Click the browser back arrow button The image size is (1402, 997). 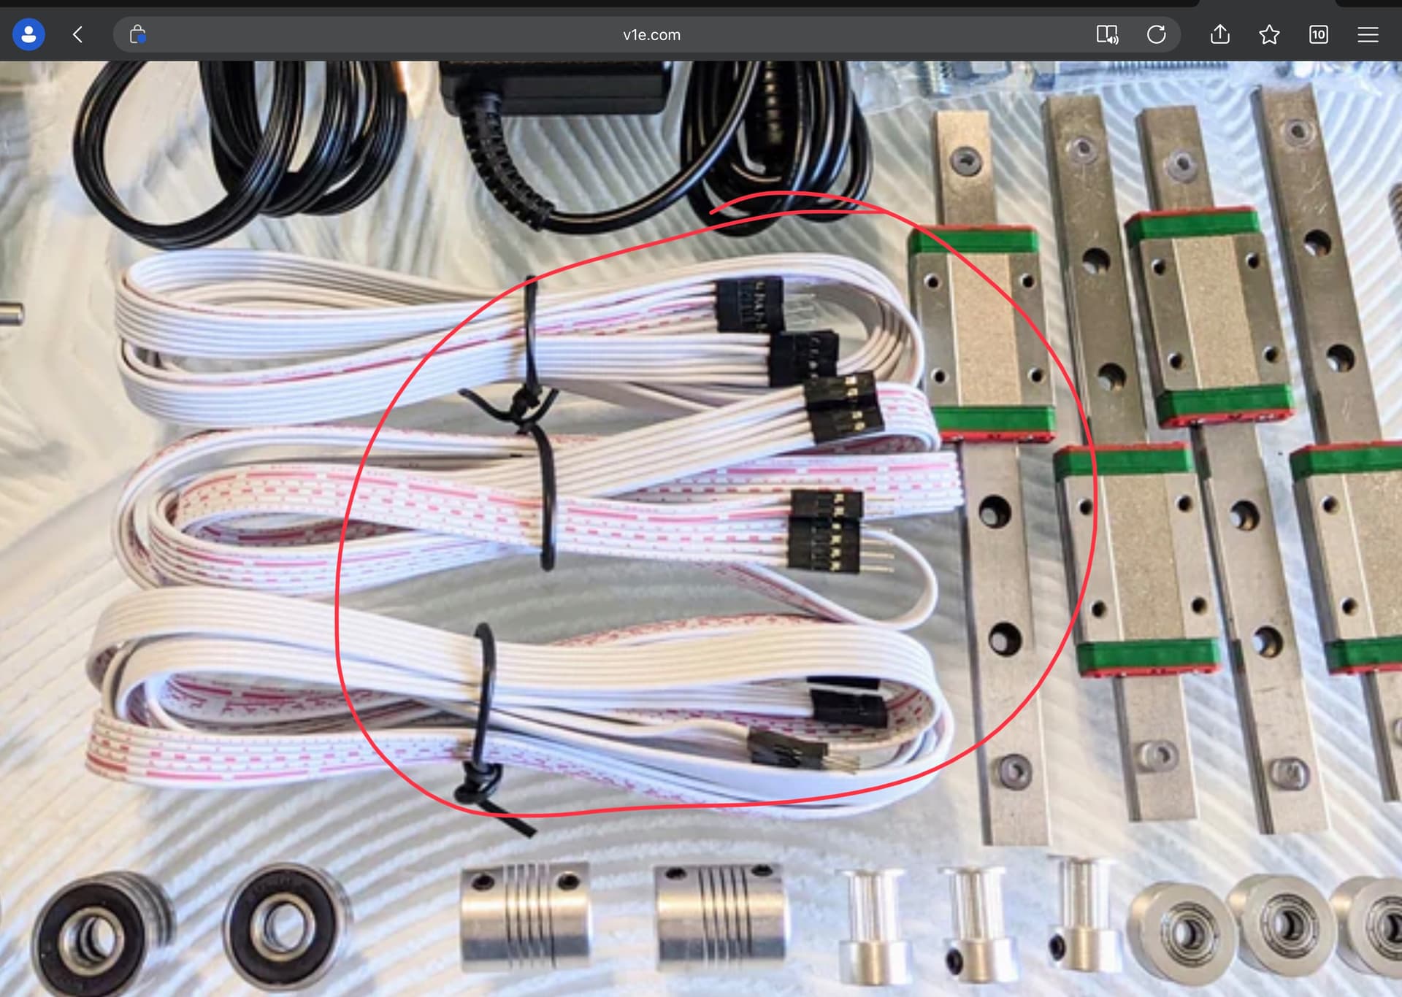[x=77, y=34]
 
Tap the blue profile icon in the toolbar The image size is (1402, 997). [x=28, y=34]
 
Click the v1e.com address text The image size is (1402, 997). [x=651, y=34]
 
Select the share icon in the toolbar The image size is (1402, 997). [x=1220, y=34]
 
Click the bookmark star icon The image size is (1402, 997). [x=1269, y=34]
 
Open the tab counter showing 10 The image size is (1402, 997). [x=1319, y=34]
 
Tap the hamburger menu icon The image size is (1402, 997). [x=1368, y=34]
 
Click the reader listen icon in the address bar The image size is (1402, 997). [x=1108, y=34]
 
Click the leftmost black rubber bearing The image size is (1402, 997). [x=99, y=934]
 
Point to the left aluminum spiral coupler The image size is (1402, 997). [x=524, y=916]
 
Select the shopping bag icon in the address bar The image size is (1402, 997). [x=137, y=34]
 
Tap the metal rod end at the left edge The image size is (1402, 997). [x=12, y=314]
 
